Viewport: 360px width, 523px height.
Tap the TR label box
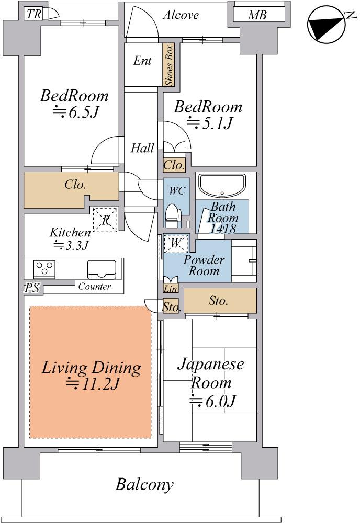pos(33,14)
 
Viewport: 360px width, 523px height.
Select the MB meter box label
pos(257,15)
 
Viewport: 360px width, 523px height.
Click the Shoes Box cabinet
pos(169,65)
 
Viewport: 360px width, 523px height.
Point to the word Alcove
pos(181,15)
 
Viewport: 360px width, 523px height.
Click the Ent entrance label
pos(142,61)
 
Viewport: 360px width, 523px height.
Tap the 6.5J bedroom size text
pos(76,113)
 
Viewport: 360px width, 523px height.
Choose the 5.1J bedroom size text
pos(209,123)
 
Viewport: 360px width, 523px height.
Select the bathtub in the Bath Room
pos(222,186)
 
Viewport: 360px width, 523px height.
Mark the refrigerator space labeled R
pos(105,220)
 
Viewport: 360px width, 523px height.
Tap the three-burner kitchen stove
pos(44,269)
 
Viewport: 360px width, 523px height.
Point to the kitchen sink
pos(102,269)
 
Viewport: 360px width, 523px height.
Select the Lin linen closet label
pos(171,288)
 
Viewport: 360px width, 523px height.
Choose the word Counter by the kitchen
pos(94,286)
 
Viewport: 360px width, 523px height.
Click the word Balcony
pos(144,484)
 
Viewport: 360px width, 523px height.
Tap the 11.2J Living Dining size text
pos(92,384)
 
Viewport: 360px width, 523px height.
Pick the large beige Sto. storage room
pos(220,301)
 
